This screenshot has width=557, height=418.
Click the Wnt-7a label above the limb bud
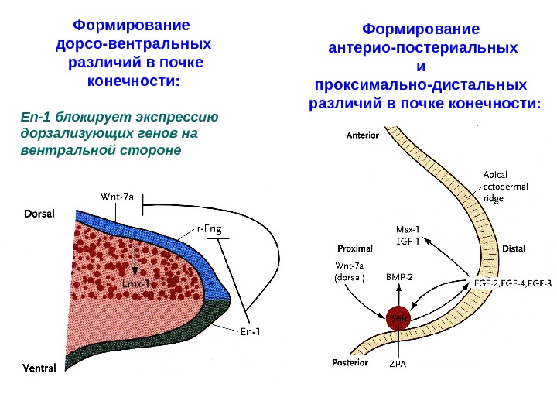[x=118, y=197]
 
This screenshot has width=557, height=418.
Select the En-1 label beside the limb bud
[x=249, y=333]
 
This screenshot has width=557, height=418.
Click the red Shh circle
[x=398, y=318]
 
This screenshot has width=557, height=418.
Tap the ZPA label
[x=398, y=362]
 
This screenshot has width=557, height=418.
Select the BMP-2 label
[x=399, y=276]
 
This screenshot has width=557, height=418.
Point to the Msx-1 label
[x=408, y=229]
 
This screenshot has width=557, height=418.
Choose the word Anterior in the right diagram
[x=362, y=135]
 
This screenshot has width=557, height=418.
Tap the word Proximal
[x=355, y=249]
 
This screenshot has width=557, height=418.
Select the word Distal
[x=514, y=249]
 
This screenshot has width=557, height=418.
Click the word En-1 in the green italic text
[x=35, y=118]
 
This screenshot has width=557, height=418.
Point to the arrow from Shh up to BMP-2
[x=398, y=296]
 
